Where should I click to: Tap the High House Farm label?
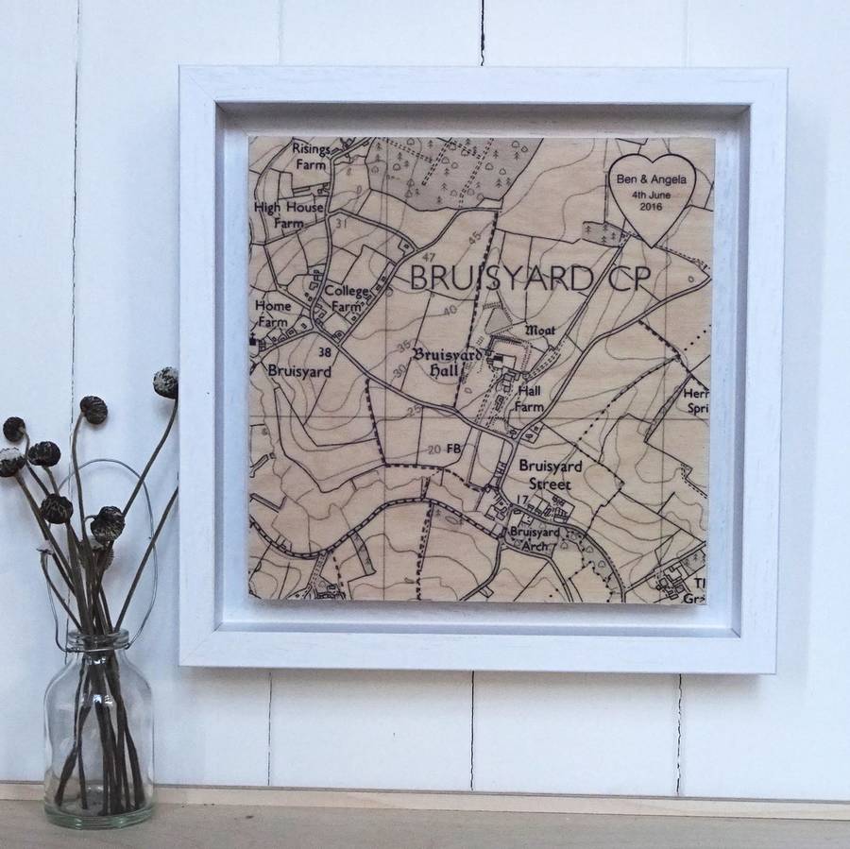pos(288,215)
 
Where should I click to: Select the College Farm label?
pos(343,298)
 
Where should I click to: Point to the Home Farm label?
pos(272,314)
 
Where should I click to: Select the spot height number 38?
pos(326,352)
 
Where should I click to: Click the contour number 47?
pos(430,258)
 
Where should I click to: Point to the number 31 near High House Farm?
pos(341,222)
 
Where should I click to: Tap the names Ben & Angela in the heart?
pos(653,179)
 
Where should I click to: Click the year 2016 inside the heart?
pos(652,207)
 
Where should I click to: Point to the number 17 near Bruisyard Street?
pos(521,499)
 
